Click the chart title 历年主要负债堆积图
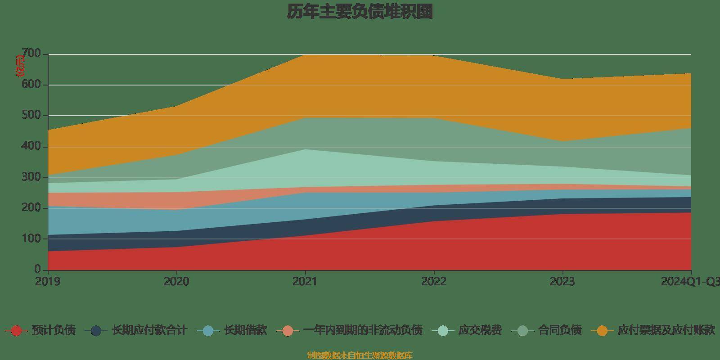coord(360,12)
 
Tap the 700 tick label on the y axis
coord(31,54)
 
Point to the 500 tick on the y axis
coord(31,116)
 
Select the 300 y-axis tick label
coord(31,177)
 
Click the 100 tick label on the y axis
coord(31,238)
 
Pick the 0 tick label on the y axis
coord(37,269)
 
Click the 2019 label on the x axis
coord(48,282)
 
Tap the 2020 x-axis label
coord(176,282)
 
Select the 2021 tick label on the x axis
coord(305,282)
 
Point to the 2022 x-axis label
coord(434,282)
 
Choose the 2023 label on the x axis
coord(562,282)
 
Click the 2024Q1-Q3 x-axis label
coord(690,282)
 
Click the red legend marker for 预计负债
coord(16,331)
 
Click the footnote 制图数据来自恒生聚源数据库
coord(360,355)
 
